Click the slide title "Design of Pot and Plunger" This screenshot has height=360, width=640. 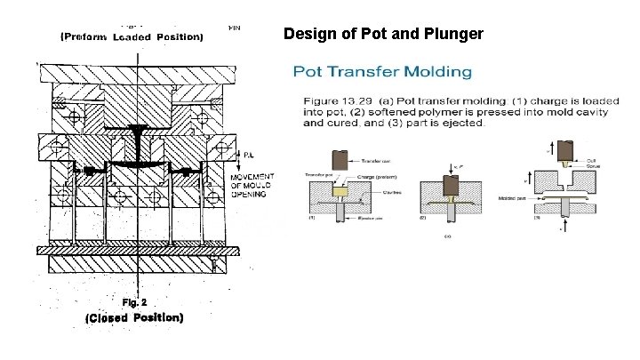click(x=383, y=35)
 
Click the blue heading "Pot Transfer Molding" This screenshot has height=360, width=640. click(x=382, y=71)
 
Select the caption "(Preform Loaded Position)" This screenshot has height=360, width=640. click(x=132, y=36)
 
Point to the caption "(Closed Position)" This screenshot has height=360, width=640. click(x=134, y=317)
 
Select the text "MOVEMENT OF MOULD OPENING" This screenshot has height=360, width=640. click(x=252, y=185)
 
